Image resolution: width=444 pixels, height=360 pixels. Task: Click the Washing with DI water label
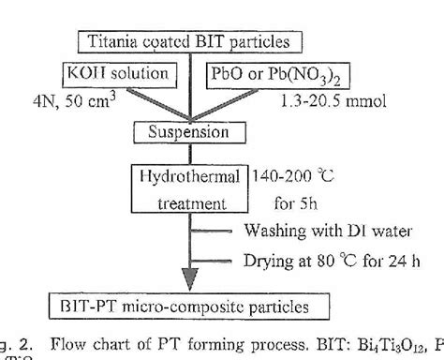(314, 230)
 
